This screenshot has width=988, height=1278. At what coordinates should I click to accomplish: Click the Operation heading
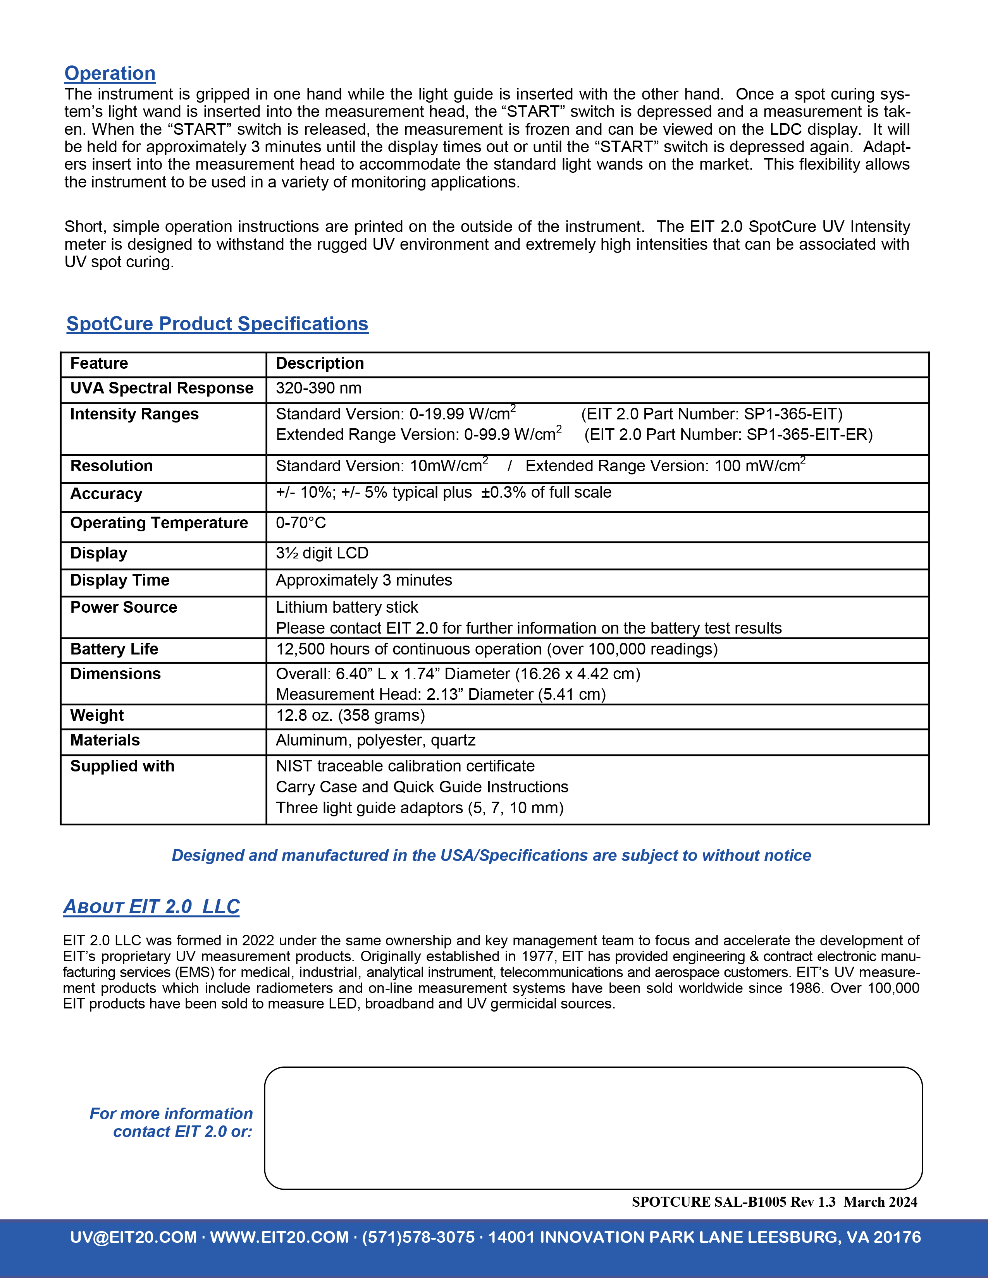tap(110, 73)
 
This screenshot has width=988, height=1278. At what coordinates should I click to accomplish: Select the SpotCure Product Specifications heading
tap(217, 324)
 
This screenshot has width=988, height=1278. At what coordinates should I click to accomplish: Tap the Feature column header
tap(99, 363)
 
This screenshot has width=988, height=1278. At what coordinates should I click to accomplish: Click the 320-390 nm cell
tap(318, 388)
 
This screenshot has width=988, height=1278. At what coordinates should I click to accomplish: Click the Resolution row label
tap(111, 466)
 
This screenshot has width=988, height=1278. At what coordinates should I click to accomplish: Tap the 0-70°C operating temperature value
tap(301, 522)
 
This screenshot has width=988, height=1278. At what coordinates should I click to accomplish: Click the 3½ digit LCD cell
tap(322, 553)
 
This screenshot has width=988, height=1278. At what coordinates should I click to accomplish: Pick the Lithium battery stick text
tap(346, 607)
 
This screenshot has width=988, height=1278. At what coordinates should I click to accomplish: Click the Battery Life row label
tap(114, 649)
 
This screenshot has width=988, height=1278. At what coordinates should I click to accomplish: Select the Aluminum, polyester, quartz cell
tap(375, 740)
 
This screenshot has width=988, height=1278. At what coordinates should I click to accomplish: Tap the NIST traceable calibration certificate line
tap(405, 766)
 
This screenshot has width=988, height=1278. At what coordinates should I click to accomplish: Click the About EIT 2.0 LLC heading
tap(151, 907)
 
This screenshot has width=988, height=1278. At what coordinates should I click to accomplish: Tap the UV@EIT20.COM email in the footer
tap(133, 1237)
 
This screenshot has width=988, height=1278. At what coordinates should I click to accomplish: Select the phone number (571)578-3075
tap(418, 1237)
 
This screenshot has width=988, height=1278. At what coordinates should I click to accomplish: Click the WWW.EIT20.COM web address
tap(279, 1237)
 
